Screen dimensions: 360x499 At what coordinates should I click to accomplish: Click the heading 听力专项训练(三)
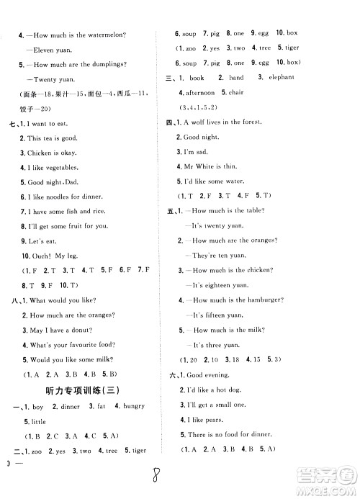tap(85, 390)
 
